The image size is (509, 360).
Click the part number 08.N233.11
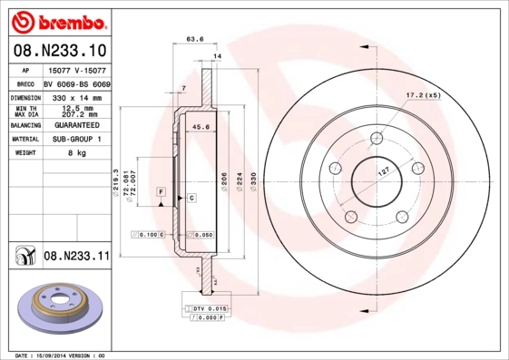pos(76,257)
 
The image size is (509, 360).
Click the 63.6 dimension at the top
pos(193,39)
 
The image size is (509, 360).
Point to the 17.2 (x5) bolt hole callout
pos(423,94)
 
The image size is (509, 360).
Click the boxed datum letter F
pos(160,192)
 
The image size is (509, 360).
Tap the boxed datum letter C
pos(191,197)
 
